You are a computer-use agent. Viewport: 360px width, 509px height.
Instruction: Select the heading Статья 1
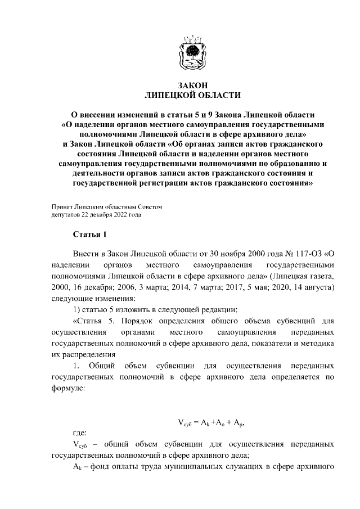89,234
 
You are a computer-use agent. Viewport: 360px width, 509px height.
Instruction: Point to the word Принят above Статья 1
61,206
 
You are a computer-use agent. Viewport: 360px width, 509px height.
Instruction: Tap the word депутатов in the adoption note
65,214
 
